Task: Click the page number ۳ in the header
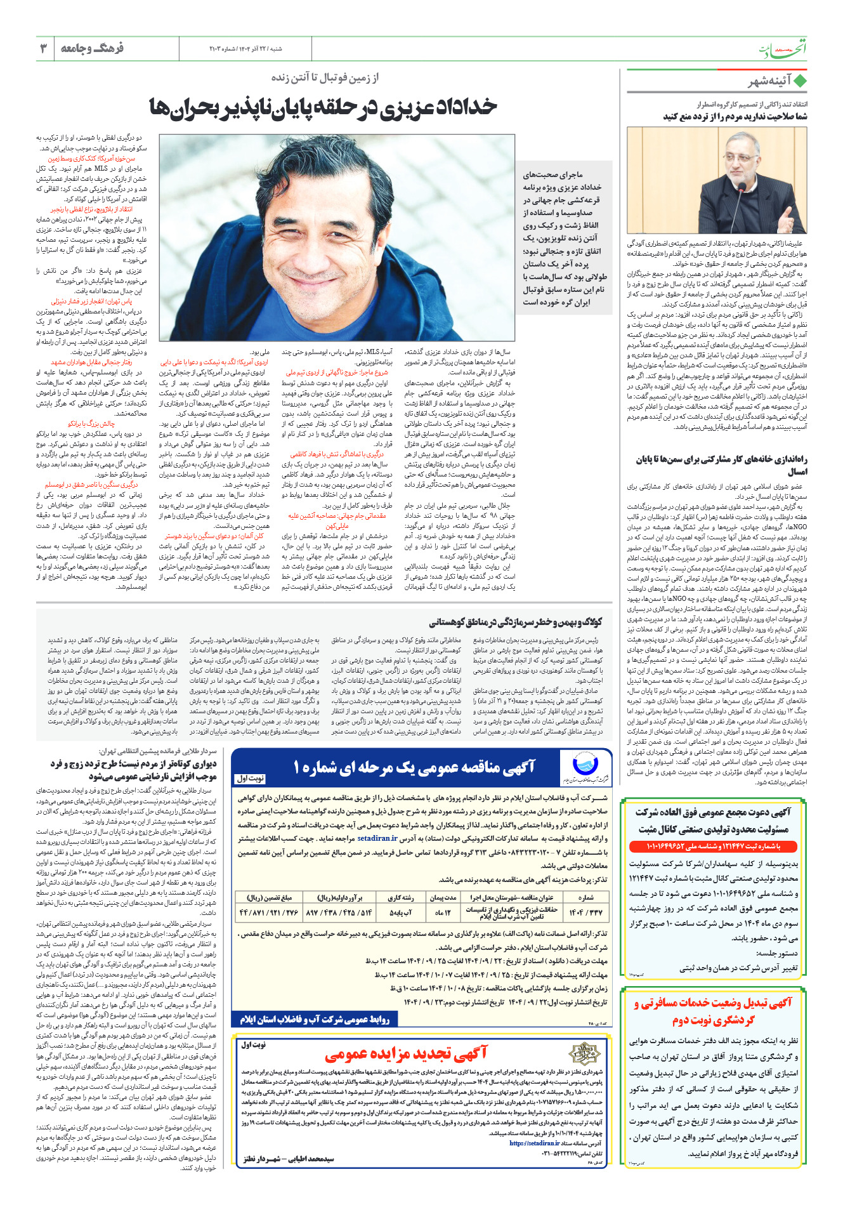tap(44, 48)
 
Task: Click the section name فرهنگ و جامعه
tap(92, 48)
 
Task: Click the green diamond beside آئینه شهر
tap(800, 82)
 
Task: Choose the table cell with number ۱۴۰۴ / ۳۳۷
tap(585, 912)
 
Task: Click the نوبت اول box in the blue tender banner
tap(250, 778)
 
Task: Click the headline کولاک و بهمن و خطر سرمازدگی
tap(515, 622)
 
